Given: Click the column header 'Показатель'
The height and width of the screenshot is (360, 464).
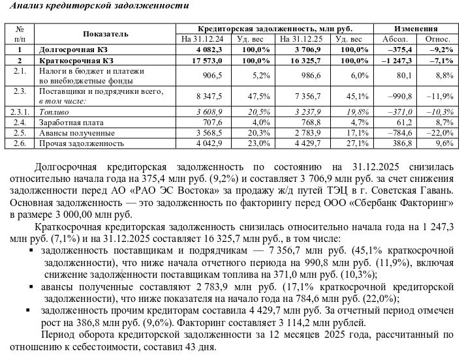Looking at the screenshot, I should [106, 33].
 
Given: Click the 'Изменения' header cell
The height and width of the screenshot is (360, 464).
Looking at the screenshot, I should [415, 29].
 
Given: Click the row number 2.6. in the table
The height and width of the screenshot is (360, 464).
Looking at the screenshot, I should [20, 142].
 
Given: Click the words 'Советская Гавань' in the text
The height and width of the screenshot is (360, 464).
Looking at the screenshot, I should [413, 190].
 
